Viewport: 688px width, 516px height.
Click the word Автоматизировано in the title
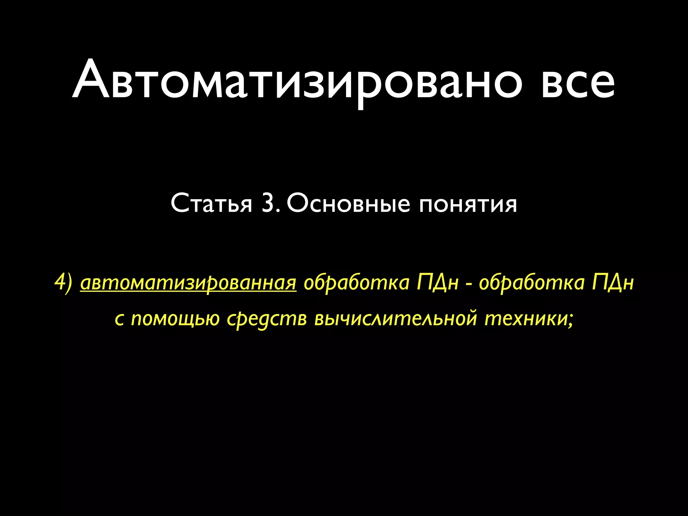[x=297, y=81]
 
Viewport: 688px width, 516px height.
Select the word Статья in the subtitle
[x=211, y=203]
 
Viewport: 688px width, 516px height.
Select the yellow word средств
[x=267, y=319]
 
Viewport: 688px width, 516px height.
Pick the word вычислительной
[x=396, y=318]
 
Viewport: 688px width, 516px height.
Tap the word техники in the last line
[x=526, y=318]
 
